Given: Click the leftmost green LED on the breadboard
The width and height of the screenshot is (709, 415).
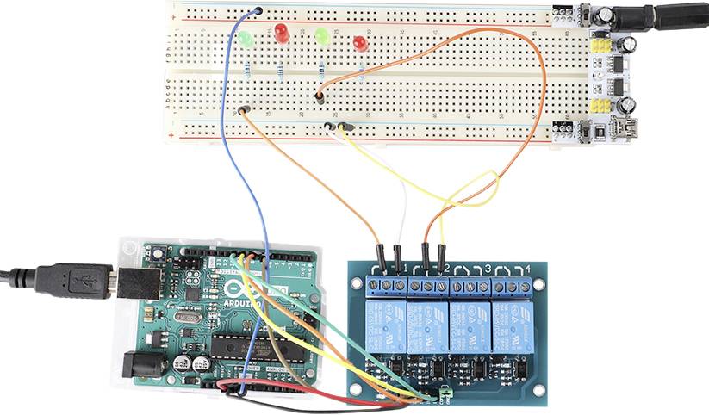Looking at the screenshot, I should [246, 40].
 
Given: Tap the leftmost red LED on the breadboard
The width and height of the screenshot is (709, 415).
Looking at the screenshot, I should [281, 34].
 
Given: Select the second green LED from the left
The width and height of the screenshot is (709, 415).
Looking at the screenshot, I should [322, 36].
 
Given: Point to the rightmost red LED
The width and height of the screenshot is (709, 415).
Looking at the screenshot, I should [360, 42].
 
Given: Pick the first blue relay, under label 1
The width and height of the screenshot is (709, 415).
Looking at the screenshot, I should [385, 325].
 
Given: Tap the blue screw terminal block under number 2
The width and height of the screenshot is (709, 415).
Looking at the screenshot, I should [428, 285].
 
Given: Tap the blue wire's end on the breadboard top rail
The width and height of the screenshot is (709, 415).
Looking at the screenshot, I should [258, 11].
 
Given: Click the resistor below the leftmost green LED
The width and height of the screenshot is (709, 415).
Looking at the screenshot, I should [248, 66].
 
